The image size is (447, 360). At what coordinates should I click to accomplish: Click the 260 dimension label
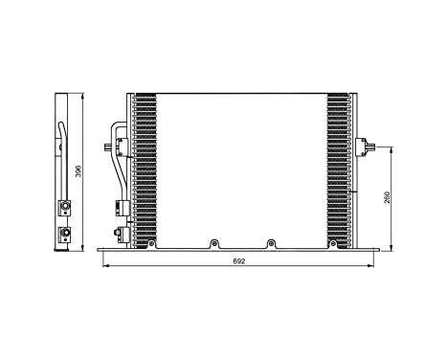coord(387,199)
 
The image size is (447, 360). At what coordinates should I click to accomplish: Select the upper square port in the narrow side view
coord(65,204)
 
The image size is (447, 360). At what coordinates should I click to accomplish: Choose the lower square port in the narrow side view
coord(65,232)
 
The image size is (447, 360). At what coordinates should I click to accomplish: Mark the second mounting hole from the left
coord(213,243)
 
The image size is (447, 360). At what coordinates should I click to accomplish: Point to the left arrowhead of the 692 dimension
coord(103,265)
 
